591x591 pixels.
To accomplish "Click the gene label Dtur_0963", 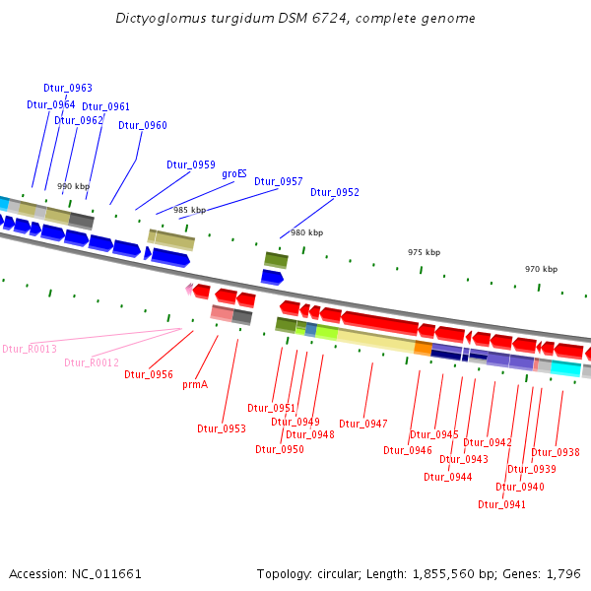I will tap(68, 88).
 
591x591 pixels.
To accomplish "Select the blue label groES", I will tap(234, 173).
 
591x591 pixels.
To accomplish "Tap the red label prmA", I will tap(195, 384).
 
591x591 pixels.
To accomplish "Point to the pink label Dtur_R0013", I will tap(30, 349).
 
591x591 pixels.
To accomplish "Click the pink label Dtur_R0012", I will tap(92, 362).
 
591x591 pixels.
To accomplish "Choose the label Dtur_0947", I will tap(363, 424).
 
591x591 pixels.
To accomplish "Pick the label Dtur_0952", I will tap(335, 192).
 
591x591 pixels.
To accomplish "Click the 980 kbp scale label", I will tap(306, 232).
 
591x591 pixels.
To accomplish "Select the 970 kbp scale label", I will tap(541, 269).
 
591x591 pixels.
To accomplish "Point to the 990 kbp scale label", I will tap(73, 186).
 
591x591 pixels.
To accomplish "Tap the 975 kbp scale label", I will tap(424, 252).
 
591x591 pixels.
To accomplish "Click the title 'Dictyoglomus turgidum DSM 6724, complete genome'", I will tap(295, 19).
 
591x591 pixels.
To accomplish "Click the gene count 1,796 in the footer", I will tap(563, 573).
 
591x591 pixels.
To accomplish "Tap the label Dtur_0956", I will tap(149, 374).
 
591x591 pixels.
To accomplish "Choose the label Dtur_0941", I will tap(501, 504).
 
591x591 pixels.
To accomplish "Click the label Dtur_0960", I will tap(143, 125).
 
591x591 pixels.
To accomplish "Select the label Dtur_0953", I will tap(222, 428).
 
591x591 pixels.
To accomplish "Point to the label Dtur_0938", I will tap(556, 452).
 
